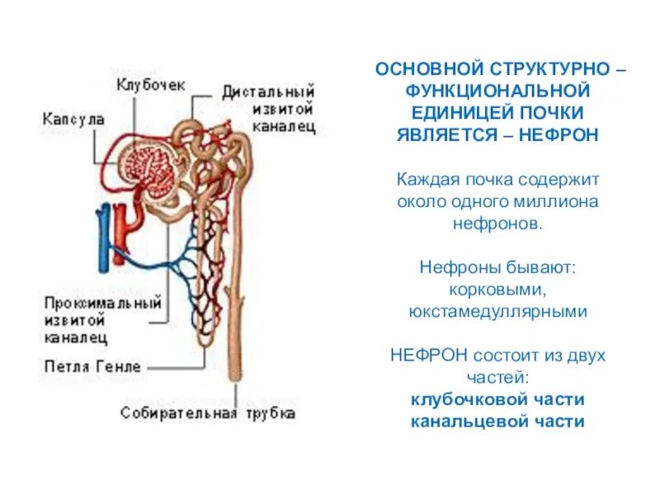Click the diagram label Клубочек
pos(150,85)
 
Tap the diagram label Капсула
pos(73,120)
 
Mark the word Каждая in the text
pos(422,179)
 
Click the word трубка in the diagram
pos(267,413)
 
